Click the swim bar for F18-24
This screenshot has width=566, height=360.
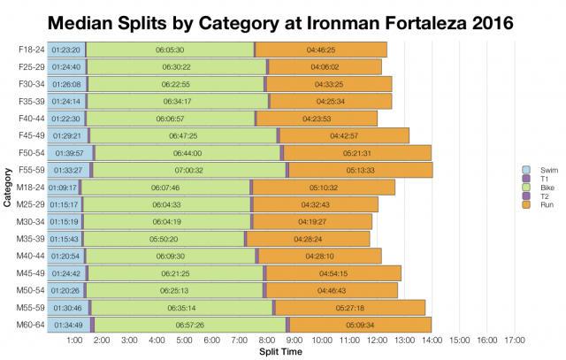(66, 50)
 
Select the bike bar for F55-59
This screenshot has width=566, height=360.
(189, 170)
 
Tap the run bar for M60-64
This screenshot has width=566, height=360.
(361, 325)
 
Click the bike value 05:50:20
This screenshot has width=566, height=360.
(165, 239)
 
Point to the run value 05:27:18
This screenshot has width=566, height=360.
(351, 308)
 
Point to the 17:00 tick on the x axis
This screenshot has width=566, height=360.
(515, 341)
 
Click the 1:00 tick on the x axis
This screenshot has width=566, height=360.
(75, 341)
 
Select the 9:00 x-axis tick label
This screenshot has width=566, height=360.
(294, 341)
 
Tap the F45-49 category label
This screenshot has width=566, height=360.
(32, 135)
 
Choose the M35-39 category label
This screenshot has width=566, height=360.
(31, 239)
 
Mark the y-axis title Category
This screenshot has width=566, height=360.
(7, 188)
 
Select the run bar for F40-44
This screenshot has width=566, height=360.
(317, 119)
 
